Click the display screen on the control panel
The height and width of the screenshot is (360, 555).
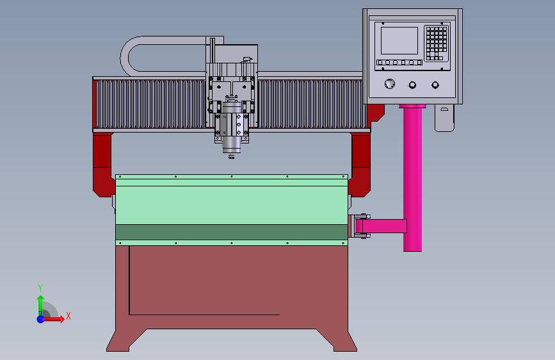pyautogui.click(x=399, y=41)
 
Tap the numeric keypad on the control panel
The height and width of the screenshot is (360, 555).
pyautogui.click(x=437, y=43)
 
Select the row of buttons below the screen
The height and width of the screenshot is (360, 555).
pyautogui.click(x=399, y=62)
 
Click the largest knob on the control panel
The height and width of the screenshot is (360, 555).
pyautogui.click(x=390, y=84)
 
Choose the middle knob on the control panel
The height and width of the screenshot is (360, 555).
pyautogui.click(x=412, y=85)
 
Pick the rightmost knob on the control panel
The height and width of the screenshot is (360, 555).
pyautogui.click(x=435, y=85)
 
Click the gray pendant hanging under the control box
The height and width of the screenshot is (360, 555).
pyautogui.click(x=444, y=118)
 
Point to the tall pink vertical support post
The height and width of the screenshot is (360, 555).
pyautogui.click(x=412, y=178)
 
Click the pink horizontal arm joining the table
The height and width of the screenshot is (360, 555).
pyautogui.click(x=381, y=226)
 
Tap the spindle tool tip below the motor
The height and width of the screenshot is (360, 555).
pyautogui.click(x=231, y=156)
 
